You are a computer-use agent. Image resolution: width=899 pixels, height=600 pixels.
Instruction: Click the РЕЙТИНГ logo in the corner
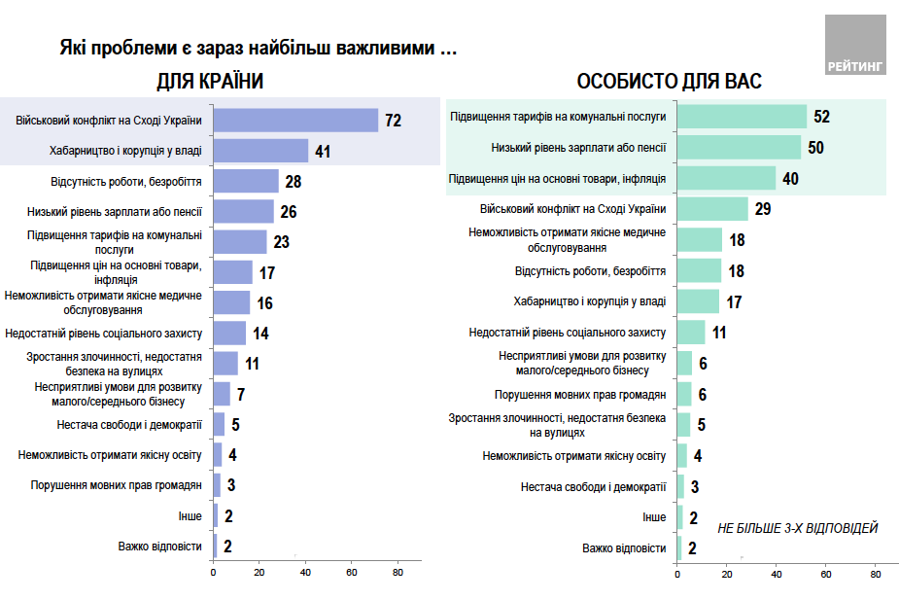pyautogui.click(x=855, y=46)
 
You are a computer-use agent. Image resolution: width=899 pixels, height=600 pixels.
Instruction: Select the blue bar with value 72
pyautogui.click(x=295, y=121)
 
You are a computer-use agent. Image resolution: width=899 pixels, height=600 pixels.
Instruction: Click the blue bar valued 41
pyautogui.click(x=260, y=151)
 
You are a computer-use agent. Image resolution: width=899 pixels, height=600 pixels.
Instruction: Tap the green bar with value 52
pyautogui.click(x=742, y=117)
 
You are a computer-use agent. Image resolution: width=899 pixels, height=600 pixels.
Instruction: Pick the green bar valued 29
pyautogui.click(x=712, y=209)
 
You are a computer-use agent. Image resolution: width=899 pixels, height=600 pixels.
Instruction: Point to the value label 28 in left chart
pyautogui.click(x=294, y=182)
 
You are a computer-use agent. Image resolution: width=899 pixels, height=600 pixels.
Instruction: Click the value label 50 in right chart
pyautogui.click(x=815, y=147)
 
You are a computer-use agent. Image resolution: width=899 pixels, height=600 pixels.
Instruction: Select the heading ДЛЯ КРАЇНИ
pyautogui.click(x=211, y=82)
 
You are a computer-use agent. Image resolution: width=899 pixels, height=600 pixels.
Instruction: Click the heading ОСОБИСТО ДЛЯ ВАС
pyautogui.click(x=669, y=82)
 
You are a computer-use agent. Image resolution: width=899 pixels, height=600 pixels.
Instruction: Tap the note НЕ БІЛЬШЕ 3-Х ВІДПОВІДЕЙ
pyautogui.click(x=797, y=528)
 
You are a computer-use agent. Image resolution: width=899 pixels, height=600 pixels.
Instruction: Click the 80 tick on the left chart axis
pyautogui.click(x=398, y=573)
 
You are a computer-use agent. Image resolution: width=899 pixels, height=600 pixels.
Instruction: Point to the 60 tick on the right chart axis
pyautogui.click(x=826, y=573)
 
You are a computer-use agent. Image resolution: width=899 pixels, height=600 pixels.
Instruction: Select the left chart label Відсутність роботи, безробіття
pyautogui.click(x=126, y=182)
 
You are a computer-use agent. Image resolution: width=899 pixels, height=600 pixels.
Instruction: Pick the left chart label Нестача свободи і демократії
pyautogui.click(x=129, y=424)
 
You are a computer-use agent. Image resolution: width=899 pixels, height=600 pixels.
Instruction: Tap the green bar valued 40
pyautogui.click(x=726, y=178)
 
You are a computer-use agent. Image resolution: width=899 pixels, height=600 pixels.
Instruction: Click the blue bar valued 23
pyautogui.click(x=240, y=242)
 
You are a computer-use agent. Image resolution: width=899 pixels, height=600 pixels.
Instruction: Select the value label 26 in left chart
pyautogui.click(x=288, y=212)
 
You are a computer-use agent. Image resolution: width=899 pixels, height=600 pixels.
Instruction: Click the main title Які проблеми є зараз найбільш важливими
pyautogui.click(x=259, y=48)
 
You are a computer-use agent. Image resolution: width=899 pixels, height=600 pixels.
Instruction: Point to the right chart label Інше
pyautogui.click(x=654, y=517)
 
